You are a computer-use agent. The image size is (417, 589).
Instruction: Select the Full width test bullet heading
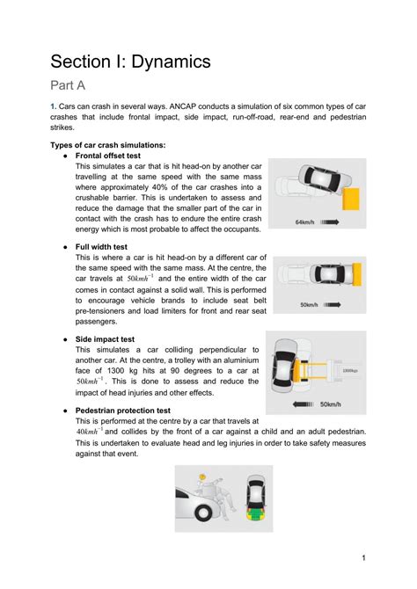[x=101, y=248]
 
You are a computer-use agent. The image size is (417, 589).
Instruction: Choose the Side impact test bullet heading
[x=105, y=338]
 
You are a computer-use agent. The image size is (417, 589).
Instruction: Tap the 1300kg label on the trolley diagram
[x=349, y=370]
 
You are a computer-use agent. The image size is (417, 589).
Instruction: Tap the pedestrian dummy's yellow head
[x=201, y=476]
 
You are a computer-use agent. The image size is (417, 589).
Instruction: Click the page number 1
[x=363, y=557]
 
